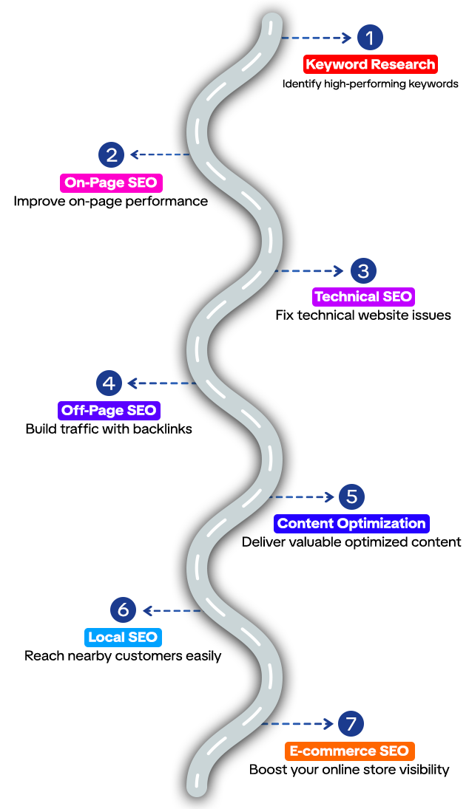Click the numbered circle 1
[x=370, y=37]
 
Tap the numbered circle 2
[x=112, y=154]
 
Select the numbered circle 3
[x=362, y=271]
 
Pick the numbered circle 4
[x=109, y=383]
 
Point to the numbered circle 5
[x=351, y=496]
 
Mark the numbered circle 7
[x=351, y=724]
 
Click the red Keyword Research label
[x=370, y=64]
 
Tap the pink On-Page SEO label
[x=111, y=182]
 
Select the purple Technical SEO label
[x=363, y=297]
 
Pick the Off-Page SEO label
[x=109, y=410]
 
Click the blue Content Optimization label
[x=351, y=524]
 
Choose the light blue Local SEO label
[x=123, y=637]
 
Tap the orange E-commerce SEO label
[x=348, y=751]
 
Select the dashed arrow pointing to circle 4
[x=161, y=383]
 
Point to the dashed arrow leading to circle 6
[x=172, y=610]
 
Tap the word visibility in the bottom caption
[x=422, y=770]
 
